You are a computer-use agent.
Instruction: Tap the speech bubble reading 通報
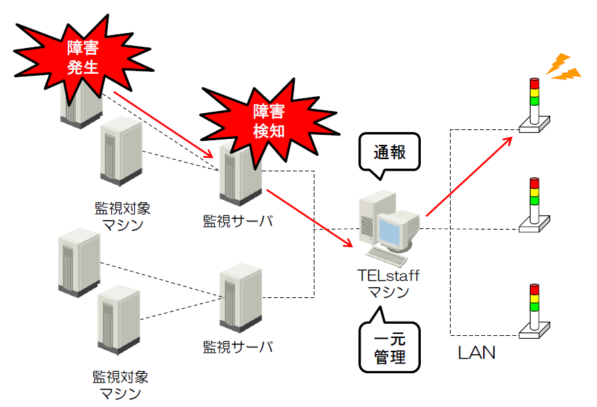point(389,152)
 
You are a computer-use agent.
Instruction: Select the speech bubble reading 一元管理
point(389,345)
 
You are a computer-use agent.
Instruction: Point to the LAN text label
point(476,353)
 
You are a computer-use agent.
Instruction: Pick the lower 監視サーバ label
point(238,347)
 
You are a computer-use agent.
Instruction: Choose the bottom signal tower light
point(535,311)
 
